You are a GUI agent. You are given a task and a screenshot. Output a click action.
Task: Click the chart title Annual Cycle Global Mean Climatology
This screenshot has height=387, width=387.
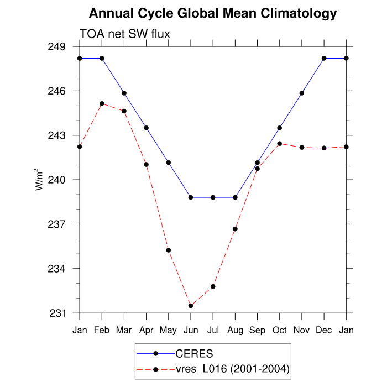coord(213,13)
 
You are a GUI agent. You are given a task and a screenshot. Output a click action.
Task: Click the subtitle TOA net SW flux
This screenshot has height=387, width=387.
coord(125,34)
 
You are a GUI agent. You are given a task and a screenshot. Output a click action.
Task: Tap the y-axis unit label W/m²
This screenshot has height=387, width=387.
coord(40,179)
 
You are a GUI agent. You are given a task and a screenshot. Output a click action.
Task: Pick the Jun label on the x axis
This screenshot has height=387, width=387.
coord(191,330)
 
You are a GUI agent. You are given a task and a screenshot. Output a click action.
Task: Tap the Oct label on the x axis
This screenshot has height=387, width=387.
coord(280,330)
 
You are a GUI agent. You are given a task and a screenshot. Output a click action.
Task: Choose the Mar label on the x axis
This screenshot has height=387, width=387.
coord(124,330)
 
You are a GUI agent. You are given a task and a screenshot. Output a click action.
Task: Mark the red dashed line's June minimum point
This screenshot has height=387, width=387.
coord(191,306)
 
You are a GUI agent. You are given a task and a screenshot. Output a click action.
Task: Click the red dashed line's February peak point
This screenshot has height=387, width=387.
coord(102,103)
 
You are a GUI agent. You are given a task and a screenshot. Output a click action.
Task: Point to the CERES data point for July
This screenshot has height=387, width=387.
coord(213,197)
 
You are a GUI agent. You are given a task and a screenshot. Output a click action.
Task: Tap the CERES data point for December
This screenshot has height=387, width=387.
coord(324,58)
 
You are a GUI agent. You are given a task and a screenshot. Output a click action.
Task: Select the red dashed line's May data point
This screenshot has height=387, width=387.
coord(169,250)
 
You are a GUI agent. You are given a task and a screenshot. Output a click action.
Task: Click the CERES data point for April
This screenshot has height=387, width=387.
coord(147,128)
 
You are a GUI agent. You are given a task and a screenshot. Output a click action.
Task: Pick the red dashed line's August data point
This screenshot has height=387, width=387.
coord(236,229)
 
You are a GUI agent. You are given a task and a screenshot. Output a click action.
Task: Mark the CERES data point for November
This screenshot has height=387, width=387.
coord(302,93)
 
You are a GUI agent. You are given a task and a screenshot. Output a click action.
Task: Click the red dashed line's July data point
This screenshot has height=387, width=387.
coord(213,286)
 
